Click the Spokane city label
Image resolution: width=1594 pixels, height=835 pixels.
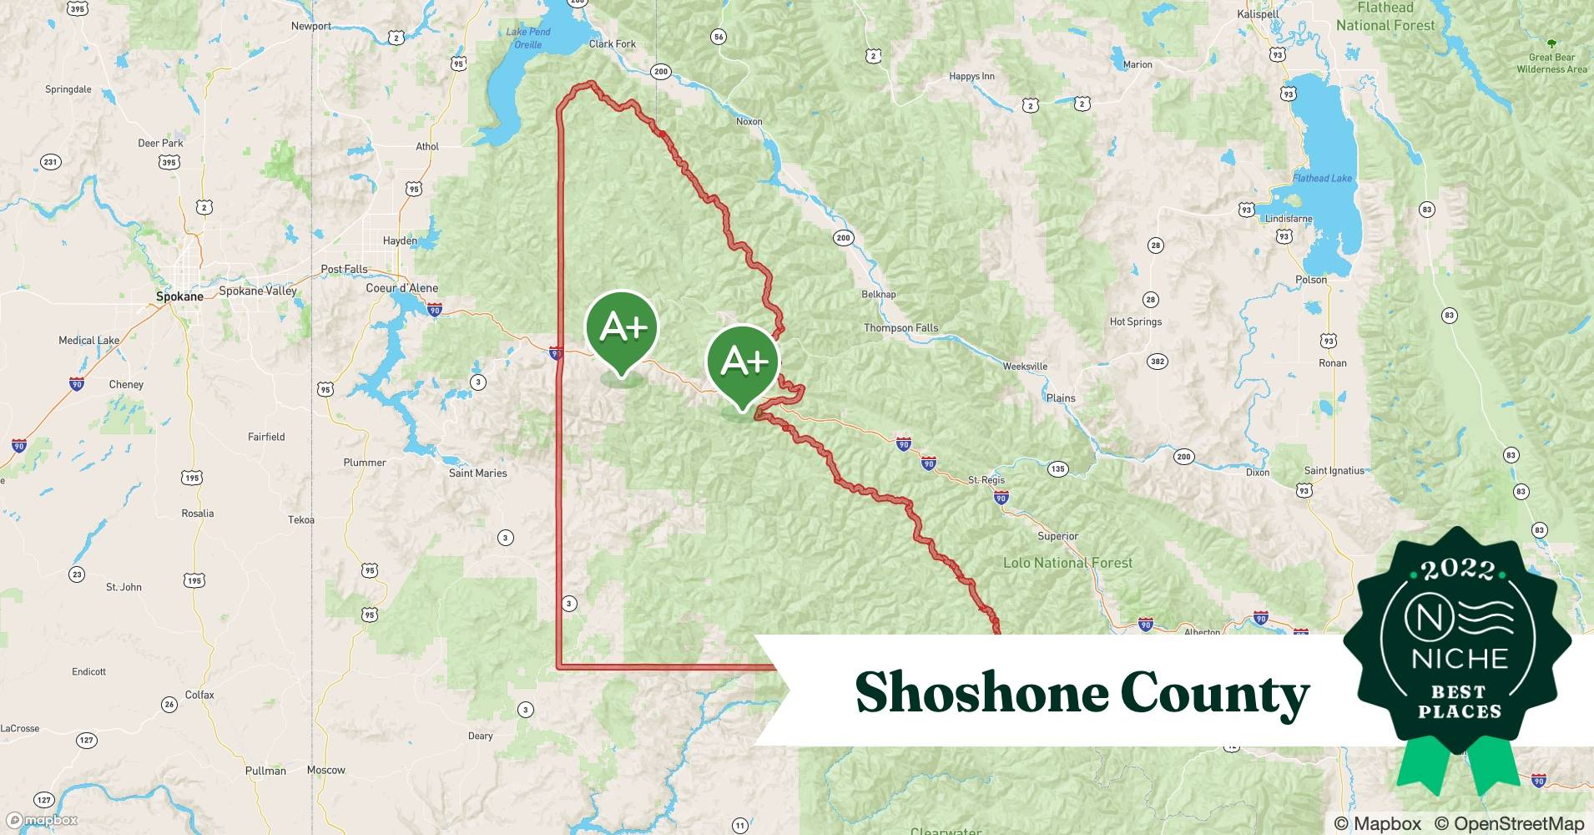click(179, 296)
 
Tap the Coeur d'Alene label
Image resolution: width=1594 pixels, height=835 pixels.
click(401, 288)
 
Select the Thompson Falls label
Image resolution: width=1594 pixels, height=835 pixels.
click(900, 328)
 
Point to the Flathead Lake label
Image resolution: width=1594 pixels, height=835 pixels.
click(1322, 178)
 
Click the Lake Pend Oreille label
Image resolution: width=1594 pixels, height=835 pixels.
click(528, 38)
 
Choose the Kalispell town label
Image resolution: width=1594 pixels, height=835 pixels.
click(1258, 14)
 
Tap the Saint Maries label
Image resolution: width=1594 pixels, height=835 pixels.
click(477, 473)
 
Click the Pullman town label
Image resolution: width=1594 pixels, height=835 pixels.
click(265, 771)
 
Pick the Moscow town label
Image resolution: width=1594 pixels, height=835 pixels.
click(325, 770)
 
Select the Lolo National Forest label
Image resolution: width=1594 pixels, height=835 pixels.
click(1067, 563)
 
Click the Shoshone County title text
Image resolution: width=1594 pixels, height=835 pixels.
click(1082, 693)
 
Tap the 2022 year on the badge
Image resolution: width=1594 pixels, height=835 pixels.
click(1458, 570)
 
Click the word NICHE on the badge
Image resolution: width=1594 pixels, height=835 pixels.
click(1460, 659)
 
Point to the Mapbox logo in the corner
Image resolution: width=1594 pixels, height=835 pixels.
click(43, 820)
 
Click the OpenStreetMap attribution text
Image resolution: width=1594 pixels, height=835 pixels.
click(1509, 823)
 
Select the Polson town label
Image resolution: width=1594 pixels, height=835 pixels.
click(1310, 280)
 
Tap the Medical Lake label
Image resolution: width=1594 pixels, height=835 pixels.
click(88, 340)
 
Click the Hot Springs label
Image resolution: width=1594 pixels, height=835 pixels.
click(1135, 321)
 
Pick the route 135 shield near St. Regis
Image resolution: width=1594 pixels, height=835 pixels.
click(1057, 468)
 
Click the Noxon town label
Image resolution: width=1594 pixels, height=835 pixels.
click(749, 121)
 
